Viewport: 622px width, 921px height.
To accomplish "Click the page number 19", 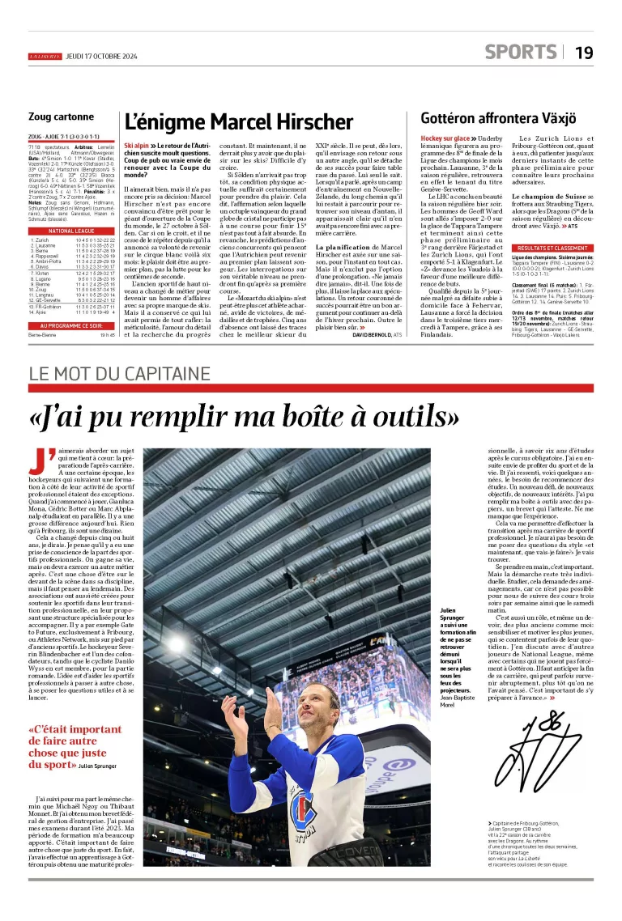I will [x=584, y=53].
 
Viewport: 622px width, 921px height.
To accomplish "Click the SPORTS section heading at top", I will [x=520, y=52].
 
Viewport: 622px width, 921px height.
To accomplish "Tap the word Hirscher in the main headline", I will [x=303, y=122].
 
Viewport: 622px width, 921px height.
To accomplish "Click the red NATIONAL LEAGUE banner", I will [x=73, y=231].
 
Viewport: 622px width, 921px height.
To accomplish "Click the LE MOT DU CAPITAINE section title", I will [x=120, y=374].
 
